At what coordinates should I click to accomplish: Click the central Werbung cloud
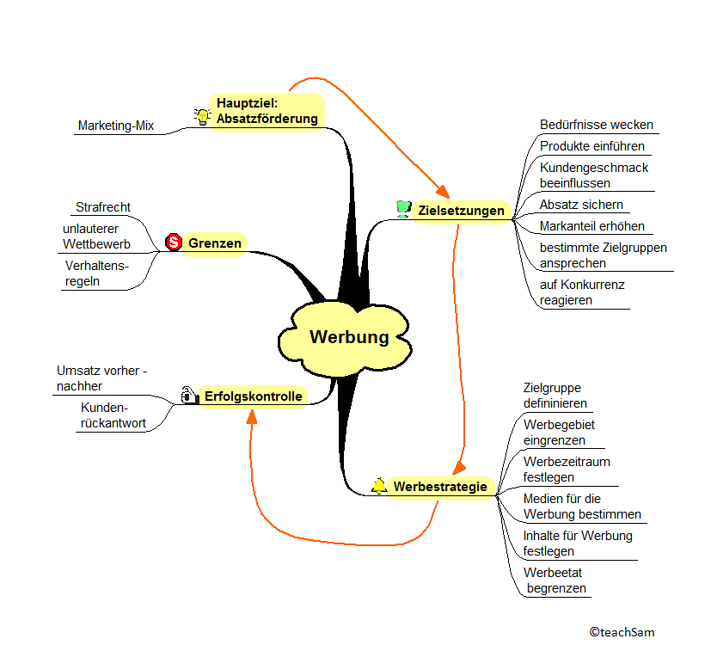(x=348, y=337)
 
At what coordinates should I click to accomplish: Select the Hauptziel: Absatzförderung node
(x=267, y=111)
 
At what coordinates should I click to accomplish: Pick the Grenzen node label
(x=215, y=243)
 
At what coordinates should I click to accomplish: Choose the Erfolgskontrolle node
(x=253, y=396)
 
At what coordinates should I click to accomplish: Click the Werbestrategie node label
(x=440, y=487)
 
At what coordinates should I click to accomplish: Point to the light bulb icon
(x=202, y=116)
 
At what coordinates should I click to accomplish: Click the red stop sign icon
(x=173, y=243)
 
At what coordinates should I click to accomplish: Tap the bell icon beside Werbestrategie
(x=379, y=486)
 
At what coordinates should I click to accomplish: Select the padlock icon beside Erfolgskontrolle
(x=188, y=395)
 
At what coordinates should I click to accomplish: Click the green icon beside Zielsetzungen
(x=403, y=208)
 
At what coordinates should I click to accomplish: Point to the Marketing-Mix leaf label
(x=116, y=126)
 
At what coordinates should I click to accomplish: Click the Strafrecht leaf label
(x=103, y=207)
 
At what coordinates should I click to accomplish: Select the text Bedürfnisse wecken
(x=597, y=125)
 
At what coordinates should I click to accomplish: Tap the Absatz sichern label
(x=581, y=205)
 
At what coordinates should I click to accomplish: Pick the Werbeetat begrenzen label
(x=556, y=580)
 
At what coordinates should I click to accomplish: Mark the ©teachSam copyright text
(x=622, y=632)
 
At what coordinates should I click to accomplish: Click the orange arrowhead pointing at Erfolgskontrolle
(x=251, y=418)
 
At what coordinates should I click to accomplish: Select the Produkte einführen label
(x=592, y=146)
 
